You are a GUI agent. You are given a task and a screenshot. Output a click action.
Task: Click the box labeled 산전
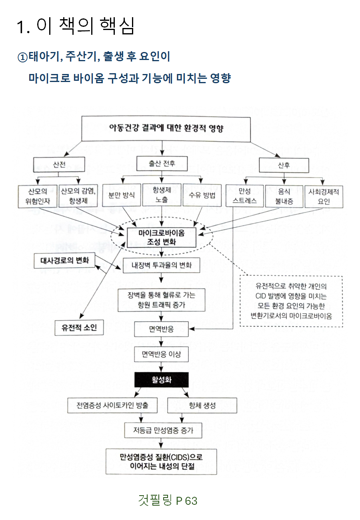59,164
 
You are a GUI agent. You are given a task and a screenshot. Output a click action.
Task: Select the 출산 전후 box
162,163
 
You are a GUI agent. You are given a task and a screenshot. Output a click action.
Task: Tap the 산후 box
284,165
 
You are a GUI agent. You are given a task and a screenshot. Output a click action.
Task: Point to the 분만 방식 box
122,195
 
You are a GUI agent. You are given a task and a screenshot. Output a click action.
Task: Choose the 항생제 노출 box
162,195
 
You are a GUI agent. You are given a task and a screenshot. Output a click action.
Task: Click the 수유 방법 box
202,195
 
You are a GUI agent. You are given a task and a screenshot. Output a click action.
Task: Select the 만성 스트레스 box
244,196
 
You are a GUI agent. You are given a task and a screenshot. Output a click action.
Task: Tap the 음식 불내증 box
284,196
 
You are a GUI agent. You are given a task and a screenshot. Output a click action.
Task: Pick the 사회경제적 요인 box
324,196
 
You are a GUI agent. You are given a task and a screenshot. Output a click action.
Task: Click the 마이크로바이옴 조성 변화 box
161,238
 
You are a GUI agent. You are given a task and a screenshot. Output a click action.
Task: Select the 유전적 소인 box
79,328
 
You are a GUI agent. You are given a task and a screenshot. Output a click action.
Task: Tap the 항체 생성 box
202,406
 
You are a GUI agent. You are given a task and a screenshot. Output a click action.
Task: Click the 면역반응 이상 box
161,354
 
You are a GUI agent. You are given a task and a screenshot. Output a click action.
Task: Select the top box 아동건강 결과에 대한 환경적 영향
166,129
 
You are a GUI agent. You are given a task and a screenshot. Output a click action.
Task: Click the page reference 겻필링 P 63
168,500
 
